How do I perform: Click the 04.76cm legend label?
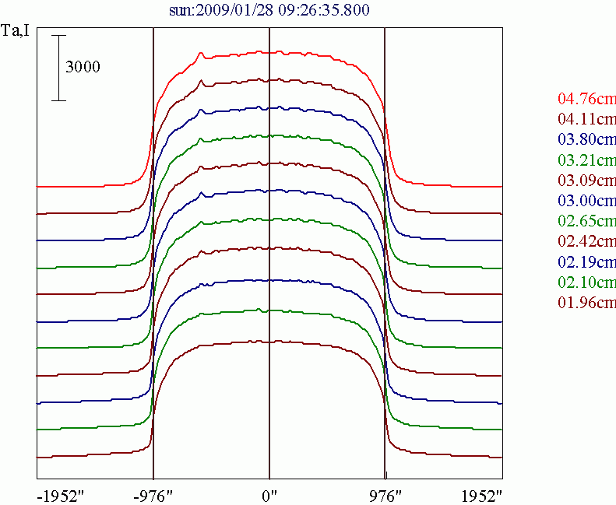click(586, 99)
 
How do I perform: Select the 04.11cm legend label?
click(586, 119)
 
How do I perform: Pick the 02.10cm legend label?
click(586, 282)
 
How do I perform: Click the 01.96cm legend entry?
click(586, 302)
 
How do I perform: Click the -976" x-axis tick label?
click(153, 494)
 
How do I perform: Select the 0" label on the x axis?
click(269, 494)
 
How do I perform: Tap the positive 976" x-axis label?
click(385, 494)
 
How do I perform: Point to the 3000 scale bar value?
click(83, 68)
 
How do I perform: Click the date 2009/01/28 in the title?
click(231, 10)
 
